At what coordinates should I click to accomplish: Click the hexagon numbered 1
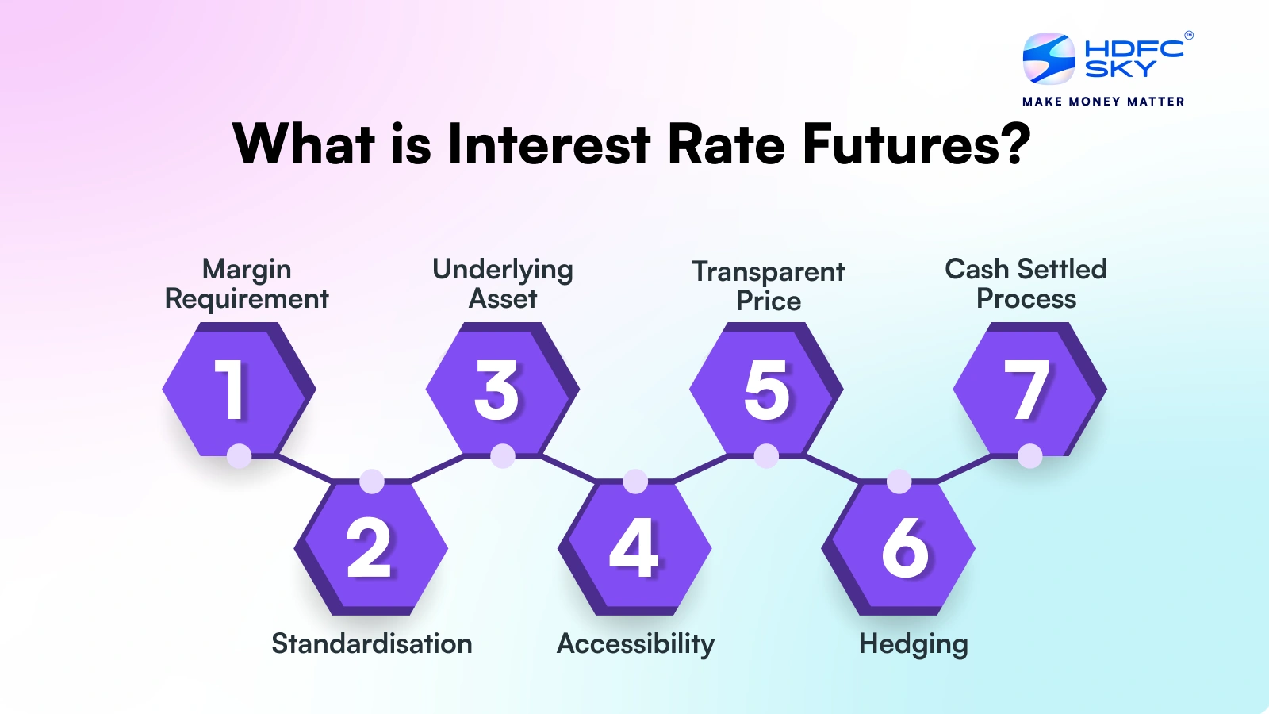(x=236, y=389)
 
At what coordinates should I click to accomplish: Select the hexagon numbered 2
(x=370, y=547)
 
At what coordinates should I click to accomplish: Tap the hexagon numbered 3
(x=500, y=389)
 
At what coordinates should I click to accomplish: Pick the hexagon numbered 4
(x=634, y=547)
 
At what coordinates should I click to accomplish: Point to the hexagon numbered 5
(x=765, y=389)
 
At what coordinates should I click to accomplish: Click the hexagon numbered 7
(x=1029, y=389)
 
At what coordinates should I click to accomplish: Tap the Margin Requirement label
(x=247, y=284)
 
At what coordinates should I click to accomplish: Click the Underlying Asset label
(x=503, y=284)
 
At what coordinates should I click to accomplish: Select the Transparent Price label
(x=768, y=286)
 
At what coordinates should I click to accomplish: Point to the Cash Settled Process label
(x=1026, y=284)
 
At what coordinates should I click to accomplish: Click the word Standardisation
(x=371, y=643)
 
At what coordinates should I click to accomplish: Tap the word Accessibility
(x=635, y=643)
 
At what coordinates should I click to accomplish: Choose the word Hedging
(x=913, y=644)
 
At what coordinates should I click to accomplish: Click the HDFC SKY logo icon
(x=1049, y=59)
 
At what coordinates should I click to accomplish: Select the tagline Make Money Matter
(x=1103, y=102)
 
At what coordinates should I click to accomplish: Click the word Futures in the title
(x=916, y=144)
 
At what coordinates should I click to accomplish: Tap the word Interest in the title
(x=549, y=144)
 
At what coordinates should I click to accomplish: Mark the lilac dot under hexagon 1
(x=239, y=456)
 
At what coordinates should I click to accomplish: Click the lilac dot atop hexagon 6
(x=899, y=482)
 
